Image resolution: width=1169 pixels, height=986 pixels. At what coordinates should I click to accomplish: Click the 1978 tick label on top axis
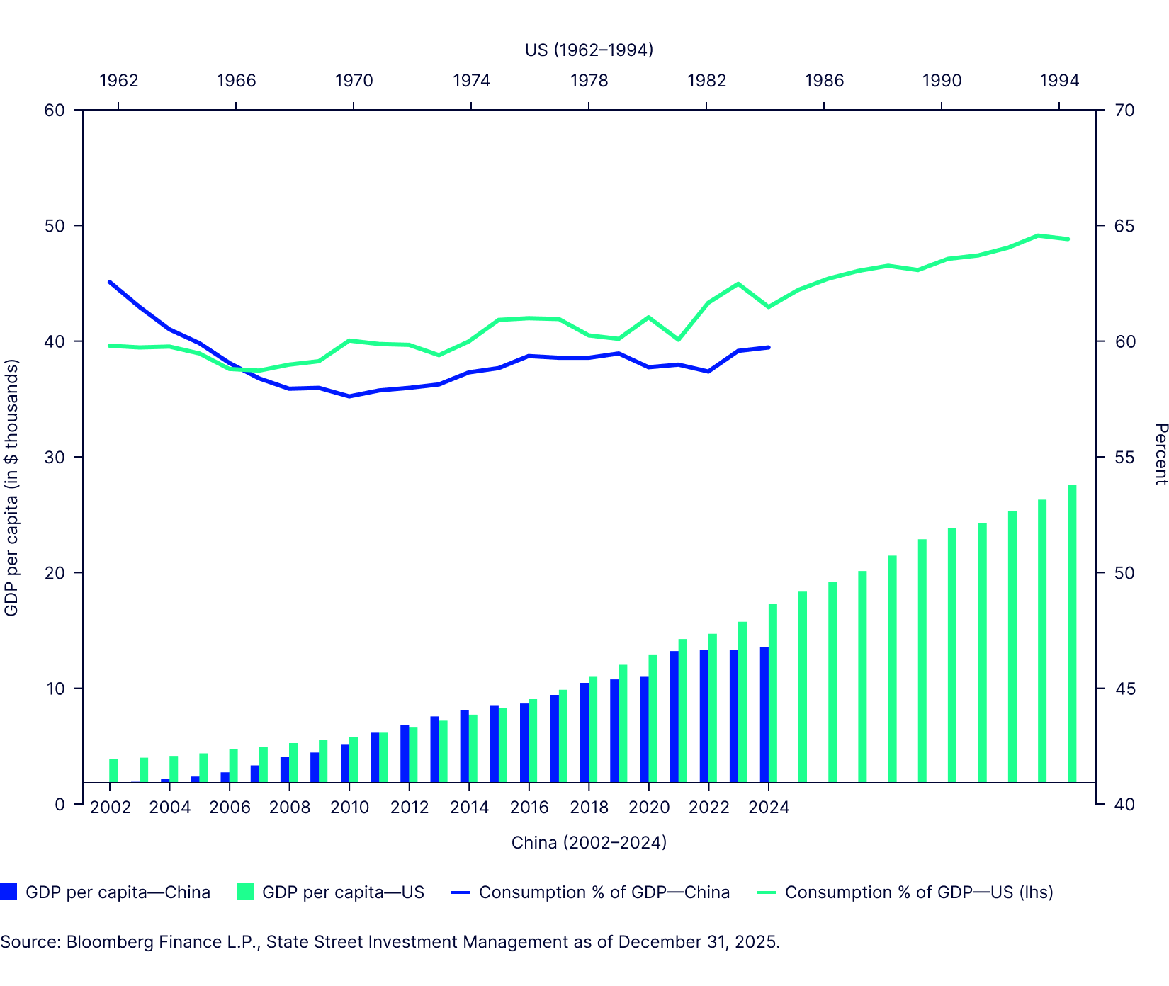[x=589, y=81]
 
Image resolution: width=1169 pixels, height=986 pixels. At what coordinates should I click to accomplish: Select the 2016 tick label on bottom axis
[x=529, y=807]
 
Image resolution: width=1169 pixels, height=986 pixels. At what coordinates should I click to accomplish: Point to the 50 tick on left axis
[x=55, y=226]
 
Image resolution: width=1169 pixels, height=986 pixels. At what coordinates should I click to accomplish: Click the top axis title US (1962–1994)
[x=589, y=50]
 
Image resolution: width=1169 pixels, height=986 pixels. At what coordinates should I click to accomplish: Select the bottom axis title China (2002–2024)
[x=589, y=842]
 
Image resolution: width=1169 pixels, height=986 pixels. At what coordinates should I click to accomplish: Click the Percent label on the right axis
[x=1160, y=454]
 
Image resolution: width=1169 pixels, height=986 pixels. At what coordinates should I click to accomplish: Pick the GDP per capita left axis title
[x=11, y=487]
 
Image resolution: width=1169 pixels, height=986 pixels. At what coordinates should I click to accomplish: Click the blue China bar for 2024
[x=764, y=714]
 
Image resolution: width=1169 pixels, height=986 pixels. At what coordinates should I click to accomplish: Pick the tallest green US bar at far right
[x=1072, y=633]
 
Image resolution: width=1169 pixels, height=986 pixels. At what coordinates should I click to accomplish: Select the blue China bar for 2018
[x=584, y=732]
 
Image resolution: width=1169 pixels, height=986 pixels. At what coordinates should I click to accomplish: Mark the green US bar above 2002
[x=113, y=771]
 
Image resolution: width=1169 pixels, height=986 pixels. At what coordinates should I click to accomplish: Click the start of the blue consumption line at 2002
[x=110, y=282]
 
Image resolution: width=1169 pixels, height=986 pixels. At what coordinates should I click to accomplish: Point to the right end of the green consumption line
[x=1068, y=239]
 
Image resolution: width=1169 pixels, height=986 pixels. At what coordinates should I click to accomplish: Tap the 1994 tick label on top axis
[x=1059, y=81]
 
